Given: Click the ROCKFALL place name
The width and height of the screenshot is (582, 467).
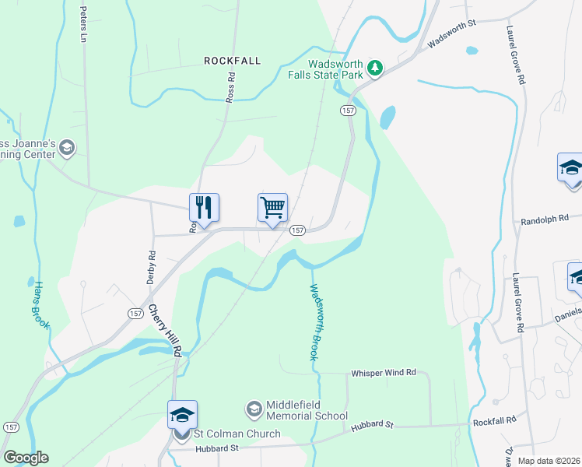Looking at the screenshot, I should coord(232,60).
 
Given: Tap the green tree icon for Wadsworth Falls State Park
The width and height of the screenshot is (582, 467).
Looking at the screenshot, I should coord(376,68).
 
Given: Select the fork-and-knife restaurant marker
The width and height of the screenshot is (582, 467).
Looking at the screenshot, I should coord(204,208).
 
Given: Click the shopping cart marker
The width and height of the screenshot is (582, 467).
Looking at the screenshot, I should coord(272,208).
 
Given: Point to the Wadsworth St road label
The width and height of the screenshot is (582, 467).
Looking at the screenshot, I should coord(451,36).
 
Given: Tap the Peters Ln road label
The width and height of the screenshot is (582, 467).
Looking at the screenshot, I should coord(82,25).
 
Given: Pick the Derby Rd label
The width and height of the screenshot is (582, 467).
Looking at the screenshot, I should coord(153,265).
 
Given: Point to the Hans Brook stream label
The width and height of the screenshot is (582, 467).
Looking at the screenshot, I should coord(40,305).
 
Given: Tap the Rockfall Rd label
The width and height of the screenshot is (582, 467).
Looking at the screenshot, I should coord(494,421).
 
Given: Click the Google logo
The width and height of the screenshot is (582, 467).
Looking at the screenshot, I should coord(26,458).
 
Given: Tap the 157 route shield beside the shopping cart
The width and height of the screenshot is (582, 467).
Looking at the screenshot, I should coord(296,230).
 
